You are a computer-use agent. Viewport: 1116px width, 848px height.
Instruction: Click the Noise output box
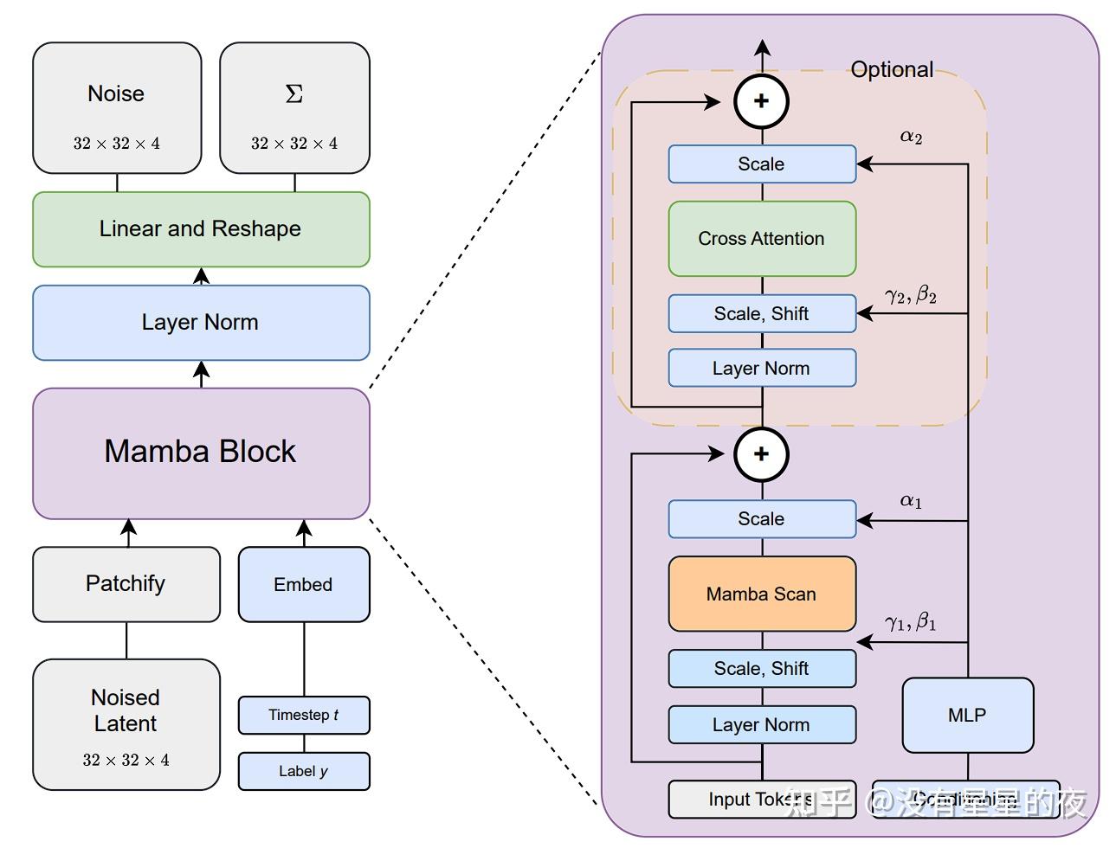click(117, 108)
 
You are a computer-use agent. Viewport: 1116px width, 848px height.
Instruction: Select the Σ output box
click(294, 108)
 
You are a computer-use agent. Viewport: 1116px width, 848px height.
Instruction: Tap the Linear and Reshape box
click(201, 229)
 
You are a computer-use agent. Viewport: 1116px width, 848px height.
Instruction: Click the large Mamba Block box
click(201, 453)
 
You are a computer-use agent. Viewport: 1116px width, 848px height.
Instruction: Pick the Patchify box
click(126, 584)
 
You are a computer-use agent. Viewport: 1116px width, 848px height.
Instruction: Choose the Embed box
click(304, 585)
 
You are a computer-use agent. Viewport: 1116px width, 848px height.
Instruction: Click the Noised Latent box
click(126, 724)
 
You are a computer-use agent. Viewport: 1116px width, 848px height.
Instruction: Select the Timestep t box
click(304, 716)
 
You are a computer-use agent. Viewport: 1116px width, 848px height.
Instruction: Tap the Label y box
click(304, 771)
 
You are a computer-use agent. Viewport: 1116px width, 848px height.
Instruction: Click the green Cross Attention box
click(762, 239)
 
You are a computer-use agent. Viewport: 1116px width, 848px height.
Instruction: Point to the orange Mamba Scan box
click(762, 594)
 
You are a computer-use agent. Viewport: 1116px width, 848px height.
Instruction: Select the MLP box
click(968, 716)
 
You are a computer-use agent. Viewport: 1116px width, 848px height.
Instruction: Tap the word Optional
click(892, 70)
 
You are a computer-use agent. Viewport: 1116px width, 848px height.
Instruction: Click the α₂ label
click(911, 136)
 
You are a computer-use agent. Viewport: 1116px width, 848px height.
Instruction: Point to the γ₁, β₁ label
click(911, 621)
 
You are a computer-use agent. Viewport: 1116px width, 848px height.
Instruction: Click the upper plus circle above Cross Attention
click(762, 101)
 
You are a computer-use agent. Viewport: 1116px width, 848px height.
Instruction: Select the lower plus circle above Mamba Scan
click(762, 454)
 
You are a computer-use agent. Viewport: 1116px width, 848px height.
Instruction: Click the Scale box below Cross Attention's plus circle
click(762, 164)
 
